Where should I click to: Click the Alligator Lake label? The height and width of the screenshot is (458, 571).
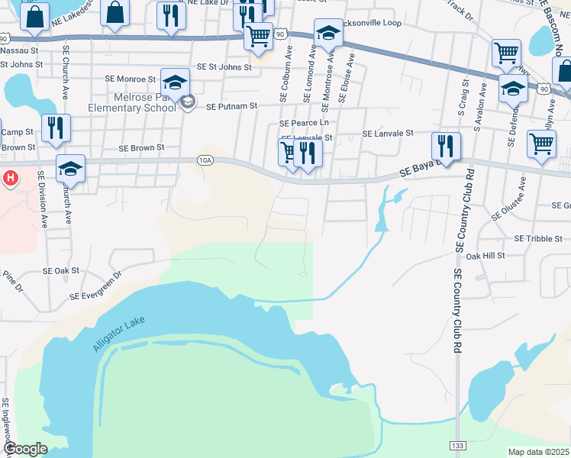tap(118, 335)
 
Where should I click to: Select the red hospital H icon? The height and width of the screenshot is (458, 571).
tap(11, 179)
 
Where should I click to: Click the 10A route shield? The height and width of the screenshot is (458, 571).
tap(205, 160)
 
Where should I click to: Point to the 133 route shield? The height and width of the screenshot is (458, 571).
tap(457, 444)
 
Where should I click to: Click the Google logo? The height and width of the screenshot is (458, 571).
tap(24, 449)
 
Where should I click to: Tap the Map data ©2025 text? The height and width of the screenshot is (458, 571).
tap(539, 452)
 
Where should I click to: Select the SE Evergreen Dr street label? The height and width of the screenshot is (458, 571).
tap(95, 285)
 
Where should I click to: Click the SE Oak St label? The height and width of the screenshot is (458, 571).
tap(61, 270)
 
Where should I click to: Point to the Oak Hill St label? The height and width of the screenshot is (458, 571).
tap(486, 256)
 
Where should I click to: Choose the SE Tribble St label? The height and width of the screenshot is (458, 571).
tap(538, 238)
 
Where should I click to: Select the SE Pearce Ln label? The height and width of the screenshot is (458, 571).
tap(304, 122)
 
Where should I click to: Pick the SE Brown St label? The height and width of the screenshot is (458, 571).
tap(141, 147)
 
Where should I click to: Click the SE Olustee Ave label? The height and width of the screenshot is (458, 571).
tap(508, 198)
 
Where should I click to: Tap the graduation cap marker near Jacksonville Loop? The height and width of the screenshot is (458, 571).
tap(328, 34)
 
